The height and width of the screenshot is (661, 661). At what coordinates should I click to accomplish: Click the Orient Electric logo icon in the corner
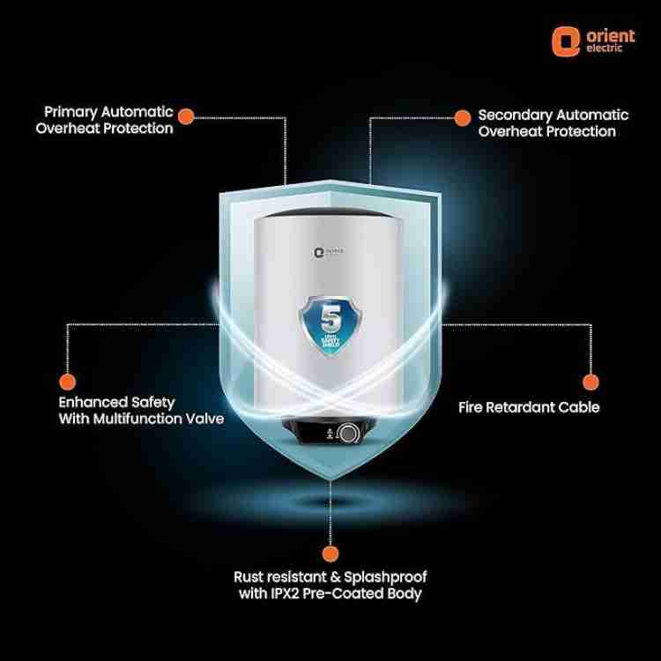[x=563, y=40]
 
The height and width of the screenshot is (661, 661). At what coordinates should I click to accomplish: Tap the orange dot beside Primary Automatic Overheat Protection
[x=186, y=115]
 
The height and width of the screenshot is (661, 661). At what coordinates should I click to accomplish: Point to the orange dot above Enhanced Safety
[x=65, y=382]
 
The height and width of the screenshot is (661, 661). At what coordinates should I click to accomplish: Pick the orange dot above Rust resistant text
[x=330, y=553]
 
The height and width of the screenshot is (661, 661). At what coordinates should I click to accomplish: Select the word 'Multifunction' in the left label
[x=134, y=420]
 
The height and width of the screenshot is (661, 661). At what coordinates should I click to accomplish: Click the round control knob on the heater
[x=350, y=434]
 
